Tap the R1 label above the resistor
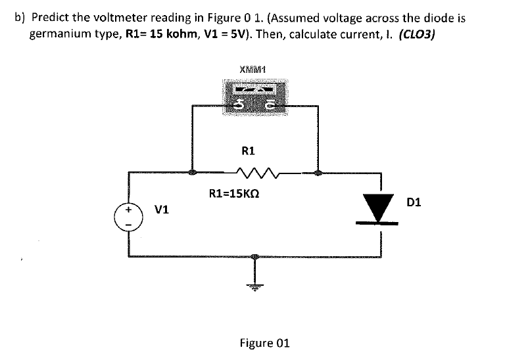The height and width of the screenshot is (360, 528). click(x=248, y=150)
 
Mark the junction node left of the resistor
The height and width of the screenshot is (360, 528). click(x=192, y=173)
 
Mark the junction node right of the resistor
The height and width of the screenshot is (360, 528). click(x=318, y=173)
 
